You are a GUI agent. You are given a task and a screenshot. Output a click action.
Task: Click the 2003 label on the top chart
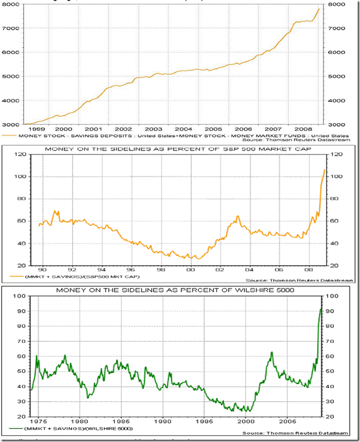(x=153, y=130)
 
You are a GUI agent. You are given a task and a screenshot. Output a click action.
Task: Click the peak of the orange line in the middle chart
(x=325, y=169)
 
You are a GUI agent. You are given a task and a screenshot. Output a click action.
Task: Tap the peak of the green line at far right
(x=321, y=308)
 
